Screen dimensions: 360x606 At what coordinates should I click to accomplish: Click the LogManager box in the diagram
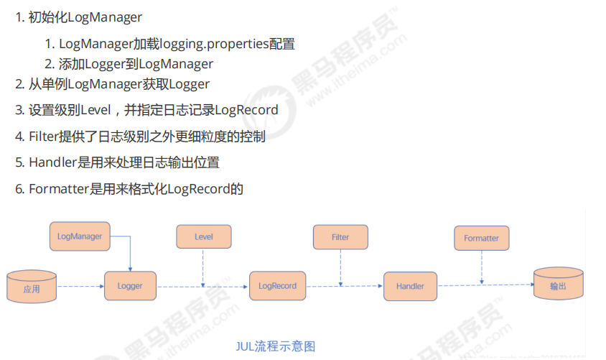point(80,236)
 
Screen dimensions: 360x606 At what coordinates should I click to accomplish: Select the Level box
point(204,237)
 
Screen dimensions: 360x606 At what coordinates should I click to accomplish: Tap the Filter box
point(340,237)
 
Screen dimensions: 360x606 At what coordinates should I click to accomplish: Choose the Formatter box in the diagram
point(481,238)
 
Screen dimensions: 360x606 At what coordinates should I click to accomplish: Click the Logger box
point(130,285)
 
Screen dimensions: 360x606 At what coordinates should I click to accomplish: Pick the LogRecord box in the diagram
point(277,285)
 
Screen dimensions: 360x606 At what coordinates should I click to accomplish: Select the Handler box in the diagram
point(410,286)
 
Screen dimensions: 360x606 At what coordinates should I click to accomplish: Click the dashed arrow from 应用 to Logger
point(80,286)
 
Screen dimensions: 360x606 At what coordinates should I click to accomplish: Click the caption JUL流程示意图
point(276,346)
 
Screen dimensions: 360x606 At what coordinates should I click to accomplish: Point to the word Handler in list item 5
point(52,162)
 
